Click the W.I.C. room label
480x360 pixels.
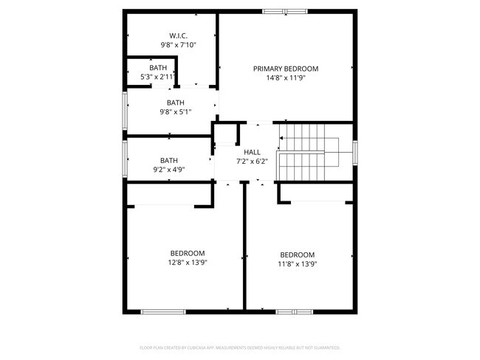pyautogui.click(x=178, y=35)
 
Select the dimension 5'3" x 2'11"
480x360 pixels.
pyautogui.click(x=158, y=76)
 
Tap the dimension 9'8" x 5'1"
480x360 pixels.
pyautogui.click(x=176, y=112)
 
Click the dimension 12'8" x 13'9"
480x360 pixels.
pyautogui.click(x=188, y=261)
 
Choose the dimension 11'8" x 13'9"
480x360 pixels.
pyautogui.click(x=297, y=263)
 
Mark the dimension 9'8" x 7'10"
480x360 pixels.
pyautogui.click(x=178, y=44)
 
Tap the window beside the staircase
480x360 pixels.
pyautogui.click(x=355, y=152)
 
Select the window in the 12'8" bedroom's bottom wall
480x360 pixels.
pyautogui.click(x=163, y=312)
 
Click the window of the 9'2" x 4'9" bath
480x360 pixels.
pyautogui.click(x=125, y=157)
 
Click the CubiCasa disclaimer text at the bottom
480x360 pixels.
pyautogui.click(x=240, y=347)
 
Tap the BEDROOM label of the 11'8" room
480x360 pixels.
pyautogui.click(x=297, y=255)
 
